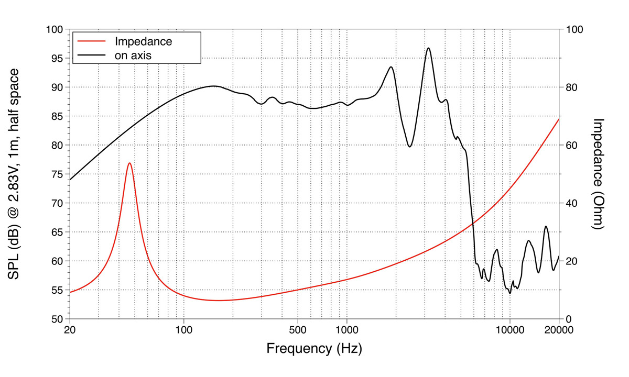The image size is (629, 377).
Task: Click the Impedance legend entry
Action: (x=143, y=41)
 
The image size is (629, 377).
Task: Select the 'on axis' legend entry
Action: (x=133, y=54)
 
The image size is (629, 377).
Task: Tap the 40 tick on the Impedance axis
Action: (x=572, y=203)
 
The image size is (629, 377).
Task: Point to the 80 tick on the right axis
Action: (x=572, y=87)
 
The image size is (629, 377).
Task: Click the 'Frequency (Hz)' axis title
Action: (x=314, y=348)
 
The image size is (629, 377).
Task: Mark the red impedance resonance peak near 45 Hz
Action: (x=129, y=163)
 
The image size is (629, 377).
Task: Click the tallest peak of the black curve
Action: (x=429, y=48)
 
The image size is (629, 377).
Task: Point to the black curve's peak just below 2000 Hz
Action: (x=391, y=66)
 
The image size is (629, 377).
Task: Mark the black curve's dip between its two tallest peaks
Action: (x=409, y=147)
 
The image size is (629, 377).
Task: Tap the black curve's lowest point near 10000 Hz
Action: (x=510, y=293)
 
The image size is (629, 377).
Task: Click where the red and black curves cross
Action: (x=473, y=223)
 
